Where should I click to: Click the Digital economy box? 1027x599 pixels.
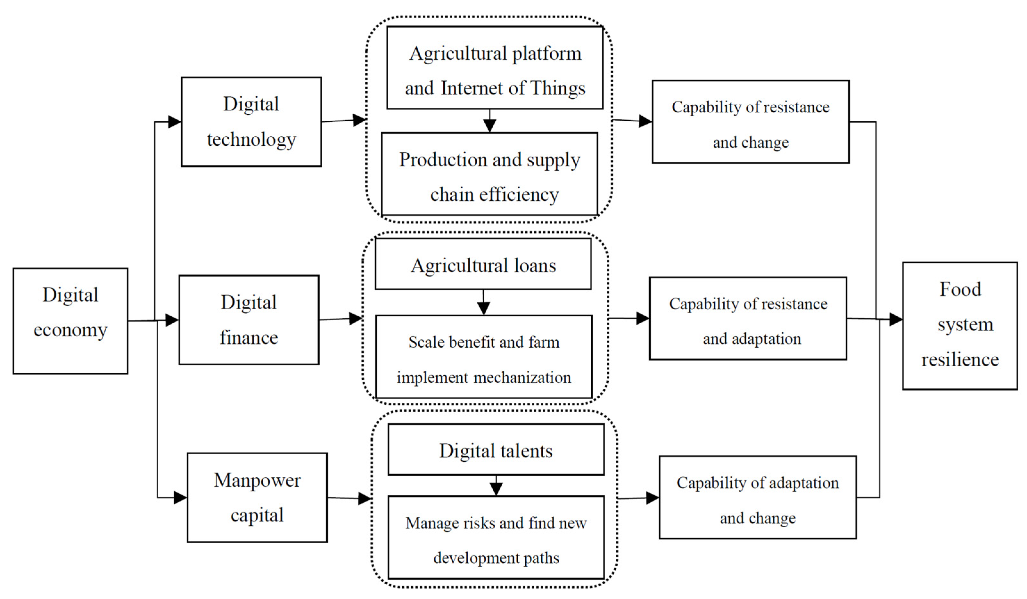click(70, 320)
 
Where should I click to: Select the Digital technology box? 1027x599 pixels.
click(251, 121)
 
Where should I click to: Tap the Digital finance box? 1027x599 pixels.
click(249, 320)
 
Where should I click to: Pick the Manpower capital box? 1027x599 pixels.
click(257, 497)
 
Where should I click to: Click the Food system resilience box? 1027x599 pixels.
click(960, 326)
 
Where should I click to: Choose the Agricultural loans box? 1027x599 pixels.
click(483, 264)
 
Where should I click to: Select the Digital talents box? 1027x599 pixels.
click(496, 449)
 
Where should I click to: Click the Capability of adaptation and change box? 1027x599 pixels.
click(758, 497)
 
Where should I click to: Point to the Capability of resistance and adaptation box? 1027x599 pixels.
click(748, 319)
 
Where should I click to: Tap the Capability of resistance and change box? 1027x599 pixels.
click(751, 121)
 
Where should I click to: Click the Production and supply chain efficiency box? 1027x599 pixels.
click(489, 174)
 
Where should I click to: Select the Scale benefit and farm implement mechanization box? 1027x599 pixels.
click(484, 357)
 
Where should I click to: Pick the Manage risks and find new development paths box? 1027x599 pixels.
click(496, 537)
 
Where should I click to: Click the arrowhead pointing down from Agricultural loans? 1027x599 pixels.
click(483, 309)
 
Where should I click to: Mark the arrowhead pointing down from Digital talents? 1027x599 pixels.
click(496, 489)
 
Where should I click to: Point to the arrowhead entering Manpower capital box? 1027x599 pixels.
click(180, 498)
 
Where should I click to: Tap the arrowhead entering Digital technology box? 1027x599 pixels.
click(175, 121)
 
